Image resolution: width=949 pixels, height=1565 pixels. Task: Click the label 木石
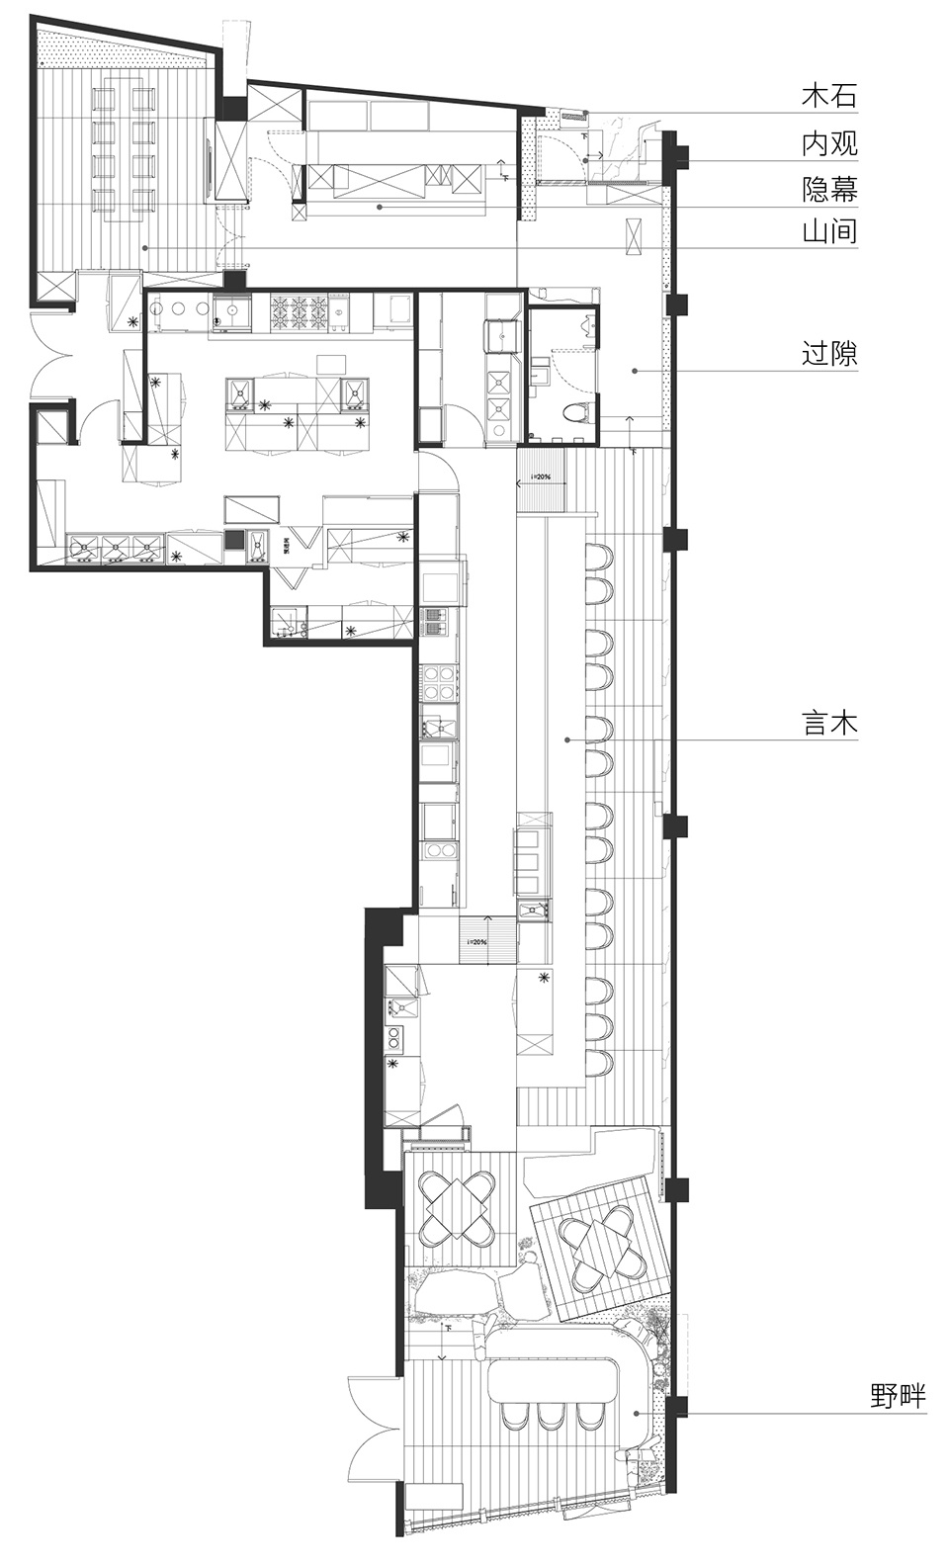pos(828,96)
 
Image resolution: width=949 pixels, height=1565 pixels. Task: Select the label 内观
pos(828,144)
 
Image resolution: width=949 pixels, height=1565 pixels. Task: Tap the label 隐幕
pos(828,189)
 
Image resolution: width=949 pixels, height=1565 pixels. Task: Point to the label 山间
pos(828,233)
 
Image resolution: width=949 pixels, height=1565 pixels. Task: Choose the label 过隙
pos(828,353)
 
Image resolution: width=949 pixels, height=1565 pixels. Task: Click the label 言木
pos(828,723)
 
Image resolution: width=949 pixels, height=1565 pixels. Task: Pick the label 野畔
pos(898,1396)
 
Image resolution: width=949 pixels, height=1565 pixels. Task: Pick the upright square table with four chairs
pos(457,1206)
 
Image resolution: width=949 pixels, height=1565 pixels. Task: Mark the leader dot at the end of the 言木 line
pos(566,739)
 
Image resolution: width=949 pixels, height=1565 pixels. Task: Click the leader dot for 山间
pos(144,246)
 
